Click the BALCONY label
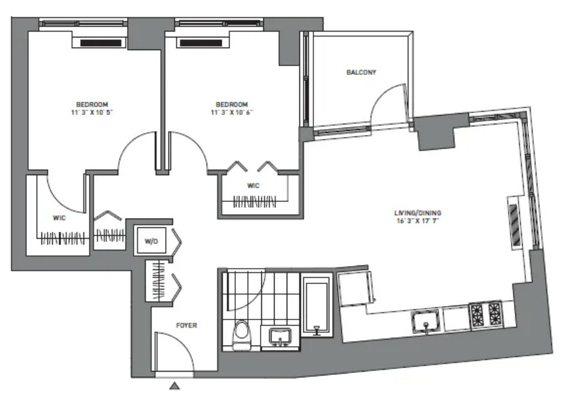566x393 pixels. pyautogui.click(x=361, y=72)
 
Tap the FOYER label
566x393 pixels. pyautogui.click(x=186, y=325)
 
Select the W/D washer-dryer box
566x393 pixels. pyautogui.click(x=151, y=240)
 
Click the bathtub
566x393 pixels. pyautogui.click(x=317, y=306)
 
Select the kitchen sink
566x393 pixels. pyautogui.click(x=426, y=321)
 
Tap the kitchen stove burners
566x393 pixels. pyautogui.click(x=486, y=314)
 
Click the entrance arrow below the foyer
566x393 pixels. pyautogui.click(x=174, y=386)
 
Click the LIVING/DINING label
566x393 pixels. pyautogui.click(x=418, y=213)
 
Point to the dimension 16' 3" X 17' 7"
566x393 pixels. pyautogui.click(x=418, y=221)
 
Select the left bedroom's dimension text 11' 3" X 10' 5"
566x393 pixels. pyautogui.click(x=92, y=112)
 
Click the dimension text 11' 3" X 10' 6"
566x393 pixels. pyautogui.click(x=232, y=112)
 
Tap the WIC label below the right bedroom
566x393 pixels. pyautogui.click(x=253, y=186)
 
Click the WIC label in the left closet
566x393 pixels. pyautogui.click(x=59, y=218)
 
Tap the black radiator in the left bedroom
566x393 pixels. pyautogui.click(x=101, y=43)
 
